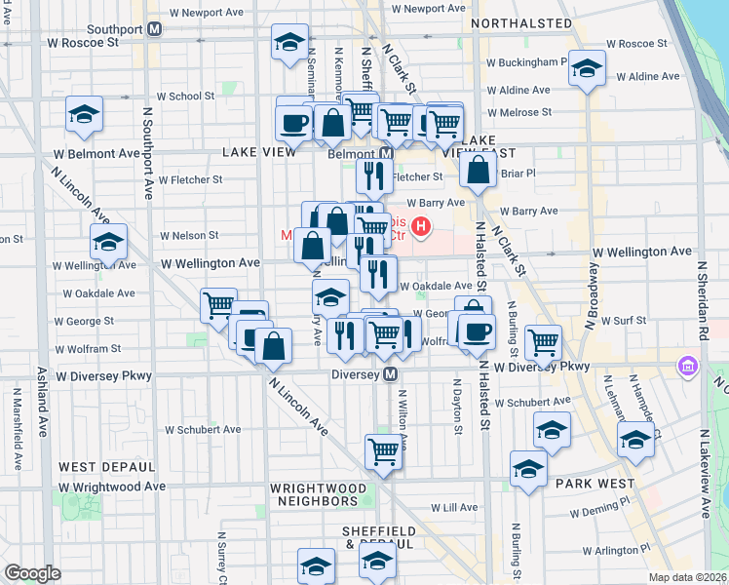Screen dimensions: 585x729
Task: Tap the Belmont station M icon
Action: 387,154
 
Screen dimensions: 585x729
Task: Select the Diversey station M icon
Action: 390,374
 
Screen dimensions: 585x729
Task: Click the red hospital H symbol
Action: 421,228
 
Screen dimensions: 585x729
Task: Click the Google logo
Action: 32,573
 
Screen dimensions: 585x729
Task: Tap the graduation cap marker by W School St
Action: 85,115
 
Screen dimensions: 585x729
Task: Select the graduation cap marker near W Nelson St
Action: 108,240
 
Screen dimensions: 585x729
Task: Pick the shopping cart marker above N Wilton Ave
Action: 384,451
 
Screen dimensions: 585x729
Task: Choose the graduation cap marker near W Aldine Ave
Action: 587,68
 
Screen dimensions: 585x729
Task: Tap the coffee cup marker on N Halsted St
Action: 477,331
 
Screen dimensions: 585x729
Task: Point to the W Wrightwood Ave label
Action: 111,487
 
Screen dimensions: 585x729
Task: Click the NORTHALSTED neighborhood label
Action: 520,22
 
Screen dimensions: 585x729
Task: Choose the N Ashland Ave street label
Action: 42,400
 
